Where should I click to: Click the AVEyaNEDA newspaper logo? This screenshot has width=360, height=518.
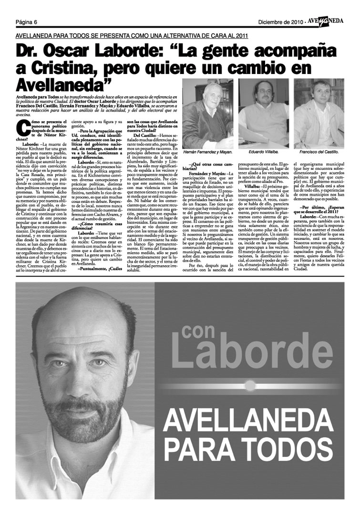[326, 21]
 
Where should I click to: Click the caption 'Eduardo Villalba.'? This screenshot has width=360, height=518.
[263, 152]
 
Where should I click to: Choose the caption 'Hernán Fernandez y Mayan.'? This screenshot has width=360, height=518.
[208, 152]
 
